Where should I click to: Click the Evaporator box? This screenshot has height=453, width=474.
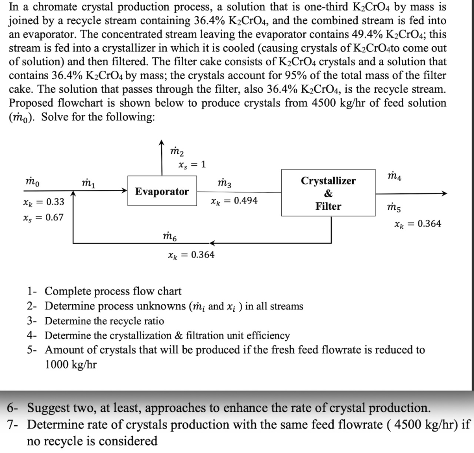coord(162,191)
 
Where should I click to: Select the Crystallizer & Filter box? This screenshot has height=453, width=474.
coord(328,193)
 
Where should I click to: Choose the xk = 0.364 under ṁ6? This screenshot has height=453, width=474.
coord(191,255)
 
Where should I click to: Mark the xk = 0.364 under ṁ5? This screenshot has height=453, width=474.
coord(418,224)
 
